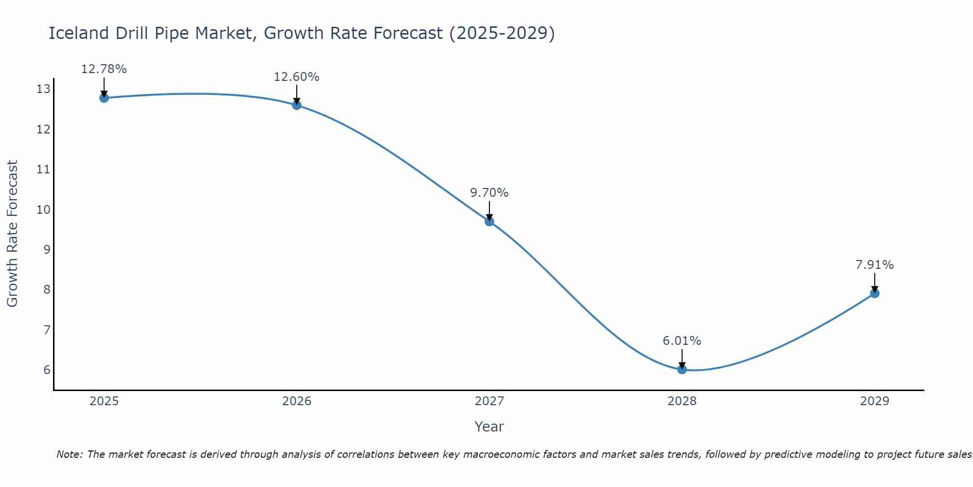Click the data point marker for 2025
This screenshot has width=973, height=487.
click(x=104, y=98)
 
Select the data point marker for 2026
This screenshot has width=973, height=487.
click(x=297, y=105)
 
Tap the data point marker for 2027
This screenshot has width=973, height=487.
click(x=489, y=222)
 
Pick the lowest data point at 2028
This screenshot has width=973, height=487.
click(x=682, y=369)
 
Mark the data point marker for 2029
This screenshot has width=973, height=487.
click(x=875, y=293)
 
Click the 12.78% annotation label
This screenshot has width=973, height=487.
click(x=104, y=69)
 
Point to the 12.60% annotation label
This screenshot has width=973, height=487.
click(x=297, y=77)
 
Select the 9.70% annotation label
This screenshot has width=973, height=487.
click(x=489, y=193)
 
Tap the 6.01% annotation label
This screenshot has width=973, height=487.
click(x=682, y=341)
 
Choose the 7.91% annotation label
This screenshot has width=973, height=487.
click(x=875, y=265)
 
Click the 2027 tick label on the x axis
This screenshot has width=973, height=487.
click(x=489, y=401)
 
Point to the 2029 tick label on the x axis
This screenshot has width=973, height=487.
click(x=875, y=401)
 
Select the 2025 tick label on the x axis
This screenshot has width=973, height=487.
click(x=104, y=401)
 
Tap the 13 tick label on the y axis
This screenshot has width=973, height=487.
click(x=43, y=89)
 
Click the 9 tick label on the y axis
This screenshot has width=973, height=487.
click(x=47, y=249)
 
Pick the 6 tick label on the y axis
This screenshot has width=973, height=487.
click(x=47, y=370)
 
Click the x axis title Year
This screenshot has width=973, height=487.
click(x=489, y=427)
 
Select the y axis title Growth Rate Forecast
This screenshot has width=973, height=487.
click(x=13, y=234)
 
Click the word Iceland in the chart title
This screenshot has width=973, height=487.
click(x=79, y=33)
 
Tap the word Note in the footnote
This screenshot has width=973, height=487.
click(x=70, y=455)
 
